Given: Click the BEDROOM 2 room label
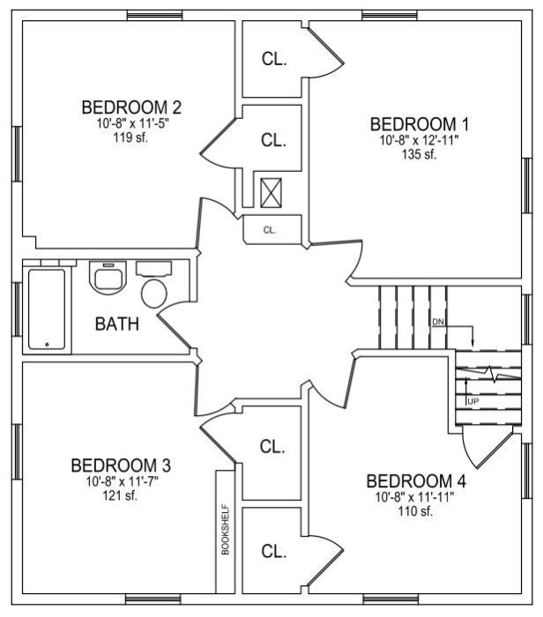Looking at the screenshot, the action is point(131,108).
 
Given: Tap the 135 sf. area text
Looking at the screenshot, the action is point(419,154).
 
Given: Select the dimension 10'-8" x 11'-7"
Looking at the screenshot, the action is point(123,481).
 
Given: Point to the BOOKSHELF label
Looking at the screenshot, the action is point(226,530).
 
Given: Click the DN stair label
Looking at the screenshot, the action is point(438,322).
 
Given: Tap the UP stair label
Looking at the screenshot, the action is point(473,402).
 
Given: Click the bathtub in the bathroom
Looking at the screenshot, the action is point(47,309).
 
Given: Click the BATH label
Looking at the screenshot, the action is point(117,324).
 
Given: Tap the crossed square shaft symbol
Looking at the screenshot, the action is point(271,193).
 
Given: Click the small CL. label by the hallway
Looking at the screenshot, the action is point(270,230).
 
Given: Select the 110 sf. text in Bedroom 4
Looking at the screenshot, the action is point(415,511).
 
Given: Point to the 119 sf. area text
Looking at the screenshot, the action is point(130,138).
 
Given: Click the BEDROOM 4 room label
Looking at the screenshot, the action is point(416,481).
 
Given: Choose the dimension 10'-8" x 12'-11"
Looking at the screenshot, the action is point(419,139).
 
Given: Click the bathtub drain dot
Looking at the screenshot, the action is point(48,345).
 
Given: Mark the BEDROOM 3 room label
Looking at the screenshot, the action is point(121,465).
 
